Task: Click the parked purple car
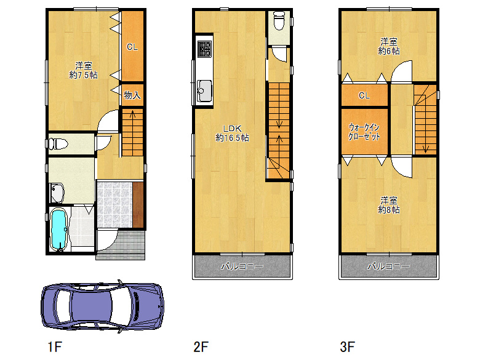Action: point(102,306)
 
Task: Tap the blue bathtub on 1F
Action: point(59,230)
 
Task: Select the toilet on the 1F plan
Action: point(58,143)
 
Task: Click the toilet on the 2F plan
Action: point(279,21)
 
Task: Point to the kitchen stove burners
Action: point(204,49)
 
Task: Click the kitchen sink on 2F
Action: point(204,91)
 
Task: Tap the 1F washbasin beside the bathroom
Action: point(57,193)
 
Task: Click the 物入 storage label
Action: point(132,95)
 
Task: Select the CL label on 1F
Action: point(132,47)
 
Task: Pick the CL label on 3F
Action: point(364,95)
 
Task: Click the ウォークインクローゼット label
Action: point(364,132)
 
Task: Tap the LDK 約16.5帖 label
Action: point(233,133)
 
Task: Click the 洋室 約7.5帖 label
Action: point(84,70)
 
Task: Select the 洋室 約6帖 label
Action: point(389,46)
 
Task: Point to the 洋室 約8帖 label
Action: point(389,205)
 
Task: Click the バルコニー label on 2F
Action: point(242,266)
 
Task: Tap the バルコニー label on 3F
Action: point(388,266)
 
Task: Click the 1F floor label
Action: point(55,347)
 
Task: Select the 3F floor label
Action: point(348,347)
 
